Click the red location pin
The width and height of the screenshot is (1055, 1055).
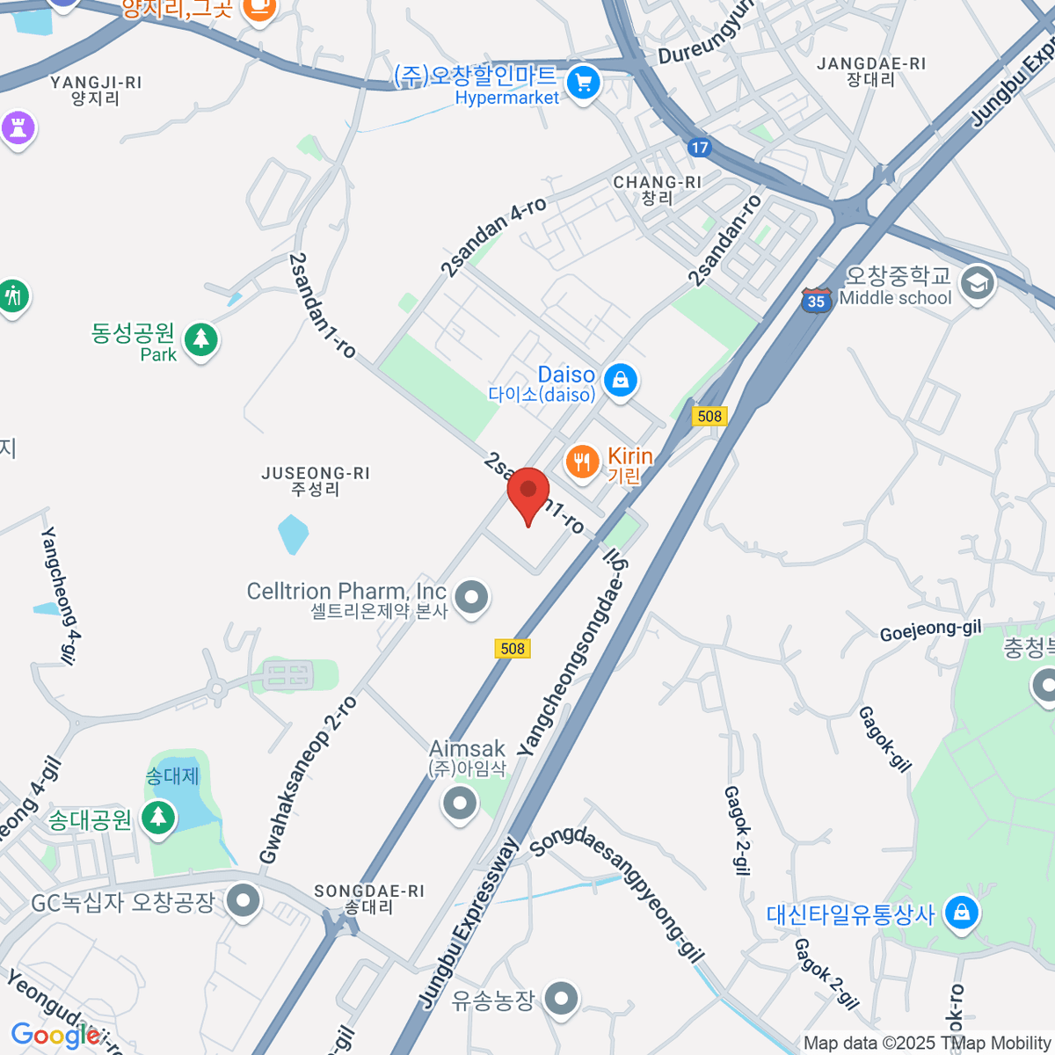pyautogui.click(x=528, y=493)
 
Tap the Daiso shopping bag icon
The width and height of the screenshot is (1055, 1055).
pyautogui.click(x=621, y=381)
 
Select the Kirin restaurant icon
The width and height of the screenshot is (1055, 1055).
pyautogui.click(x=581, y=461)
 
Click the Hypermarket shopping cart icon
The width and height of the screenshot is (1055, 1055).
pyautogui.click(x=582, y=84)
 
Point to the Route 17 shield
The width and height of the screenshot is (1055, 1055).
pyautogui.click(x=700, y=147)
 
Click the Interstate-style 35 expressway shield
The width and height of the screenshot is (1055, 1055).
pyautogui.click(x=816, y=301)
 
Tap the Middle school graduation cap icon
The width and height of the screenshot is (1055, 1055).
pyautogui.click(x=977, y=283)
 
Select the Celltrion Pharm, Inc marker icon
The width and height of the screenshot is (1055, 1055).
pyautogui.click(x=472, y=597)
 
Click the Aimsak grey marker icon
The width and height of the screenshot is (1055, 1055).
pyautogui.click(x=459, y=802)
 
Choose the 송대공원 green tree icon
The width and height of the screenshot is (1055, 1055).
pyautogui.click(x=158, y=818)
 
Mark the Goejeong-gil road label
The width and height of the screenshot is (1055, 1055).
pyautogui.click(x=930, y=629)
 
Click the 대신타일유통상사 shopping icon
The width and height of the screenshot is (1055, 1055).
pyautogui.click(x=962, y=913)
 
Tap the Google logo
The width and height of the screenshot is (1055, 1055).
pyautogui.click(x=55, y=1035)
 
